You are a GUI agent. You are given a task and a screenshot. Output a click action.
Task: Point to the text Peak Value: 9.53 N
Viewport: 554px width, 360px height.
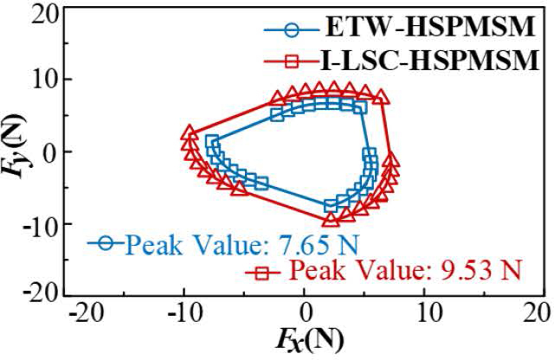tap(405, 272)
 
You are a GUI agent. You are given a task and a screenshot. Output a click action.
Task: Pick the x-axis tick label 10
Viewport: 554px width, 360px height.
tap(426, 311)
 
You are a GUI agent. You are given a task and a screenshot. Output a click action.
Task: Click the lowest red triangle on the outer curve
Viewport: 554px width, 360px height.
tap(330, 220)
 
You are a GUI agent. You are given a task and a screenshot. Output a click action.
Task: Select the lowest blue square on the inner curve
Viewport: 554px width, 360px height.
tap(331, 206)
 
